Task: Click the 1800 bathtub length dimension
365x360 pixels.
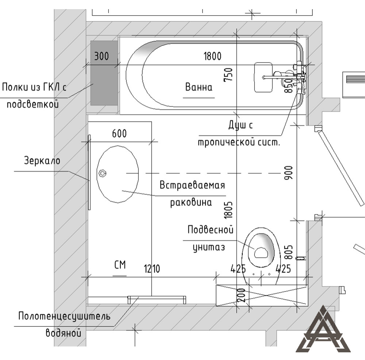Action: [212, 56]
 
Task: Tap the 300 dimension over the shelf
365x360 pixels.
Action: [101, 57]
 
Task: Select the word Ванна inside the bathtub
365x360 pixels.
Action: [199, 87]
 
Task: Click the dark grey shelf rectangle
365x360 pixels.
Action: [104, 73]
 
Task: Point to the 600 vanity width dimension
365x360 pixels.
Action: [119, 134]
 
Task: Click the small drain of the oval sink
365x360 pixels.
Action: [103, 173]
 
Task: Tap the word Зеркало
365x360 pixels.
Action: [42, 161]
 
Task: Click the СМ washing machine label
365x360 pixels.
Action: [120, 265]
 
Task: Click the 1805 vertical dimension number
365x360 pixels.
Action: [229, 210]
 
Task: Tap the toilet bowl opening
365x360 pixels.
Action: [261, 252]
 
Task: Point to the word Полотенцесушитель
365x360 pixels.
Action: [64, 316]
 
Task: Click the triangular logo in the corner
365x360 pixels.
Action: [323, 332]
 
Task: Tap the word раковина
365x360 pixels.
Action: [191, 202]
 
